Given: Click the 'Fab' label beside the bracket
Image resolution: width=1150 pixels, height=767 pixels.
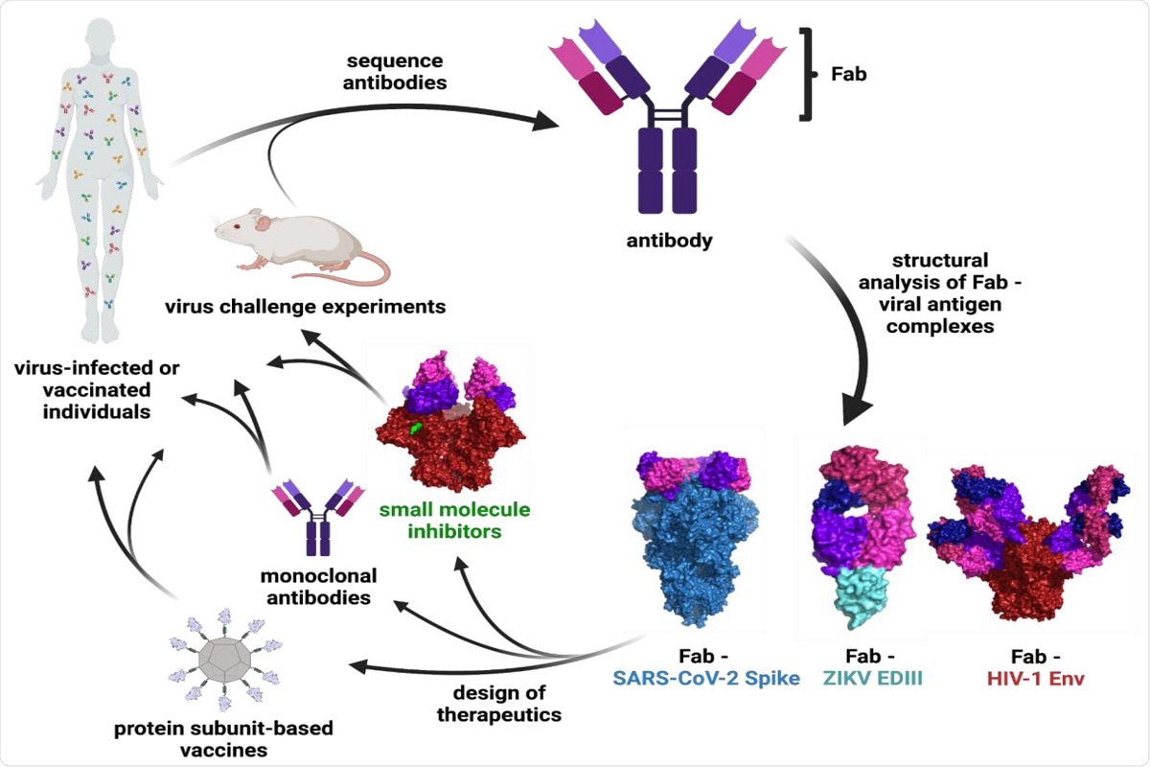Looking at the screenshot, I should tap(846, 73).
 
